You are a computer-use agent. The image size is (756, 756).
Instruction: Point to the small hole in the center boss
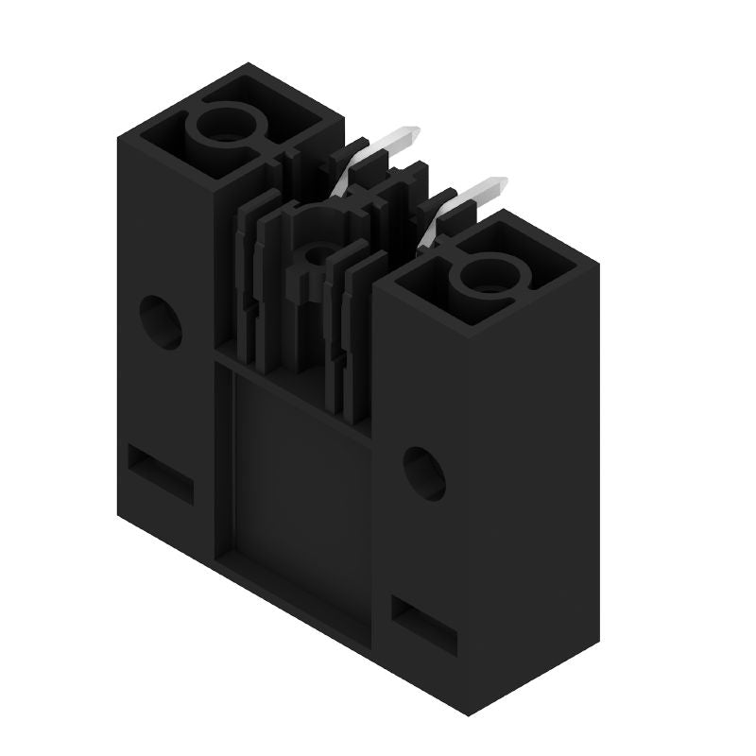(x=317, y=252)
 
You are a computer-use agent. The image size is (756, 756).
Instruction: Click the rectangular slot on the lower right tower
(x=424, y=625)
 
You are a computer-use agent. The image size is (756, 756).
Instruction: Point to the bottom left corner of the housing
(x=119, y=515)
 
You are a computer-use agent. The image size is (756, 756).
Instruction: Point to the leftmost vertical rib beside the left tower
(x=240, y=283)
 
